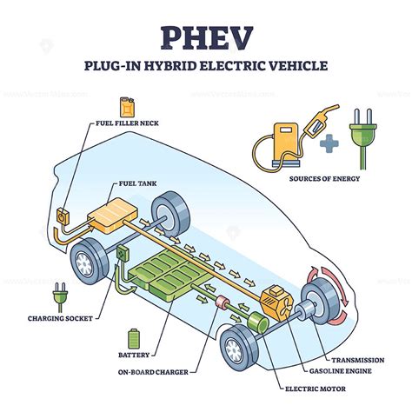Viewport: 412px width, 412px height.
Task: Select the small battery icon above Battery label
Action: (x=133, y=337)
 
